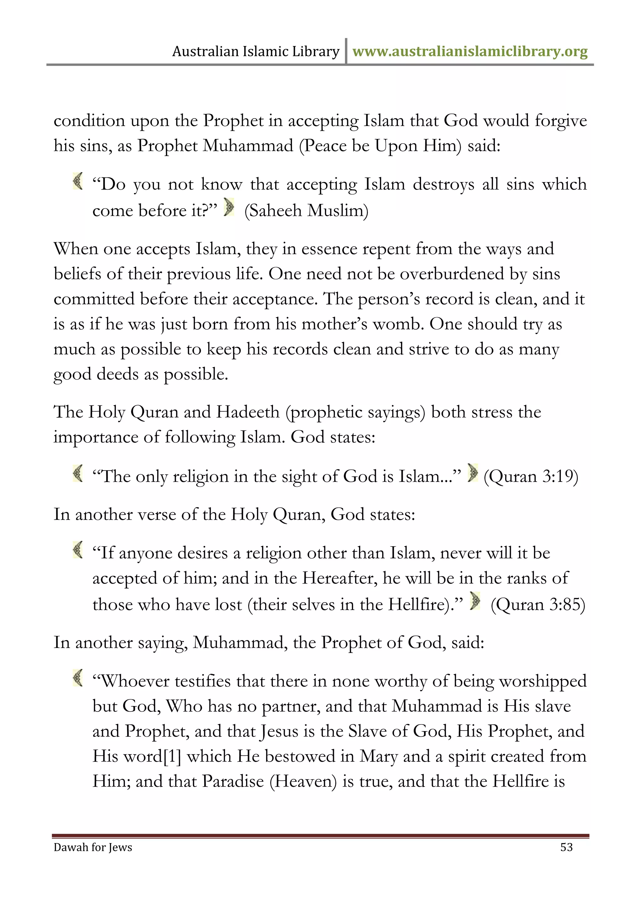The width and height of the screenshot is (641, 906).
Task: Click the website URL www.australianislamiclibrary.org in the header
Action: tap(470, 52)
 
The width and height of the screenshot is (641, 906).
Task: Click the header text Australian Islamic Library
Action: tap(256, 52)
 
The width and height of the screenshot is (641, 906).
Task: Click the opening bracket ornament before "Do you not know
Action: tap(78, 181)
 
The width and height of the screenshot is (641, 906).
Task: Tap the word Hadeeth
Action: tap(248, 412)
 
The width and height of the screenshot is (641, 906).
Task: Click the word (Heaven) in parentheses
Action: tap(303, 781)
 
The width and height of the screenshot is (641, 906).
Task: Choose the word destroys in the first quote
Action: tap(443, 184)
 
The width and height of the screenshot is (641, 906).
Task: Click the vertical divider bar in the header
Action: tap(346, 51)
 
